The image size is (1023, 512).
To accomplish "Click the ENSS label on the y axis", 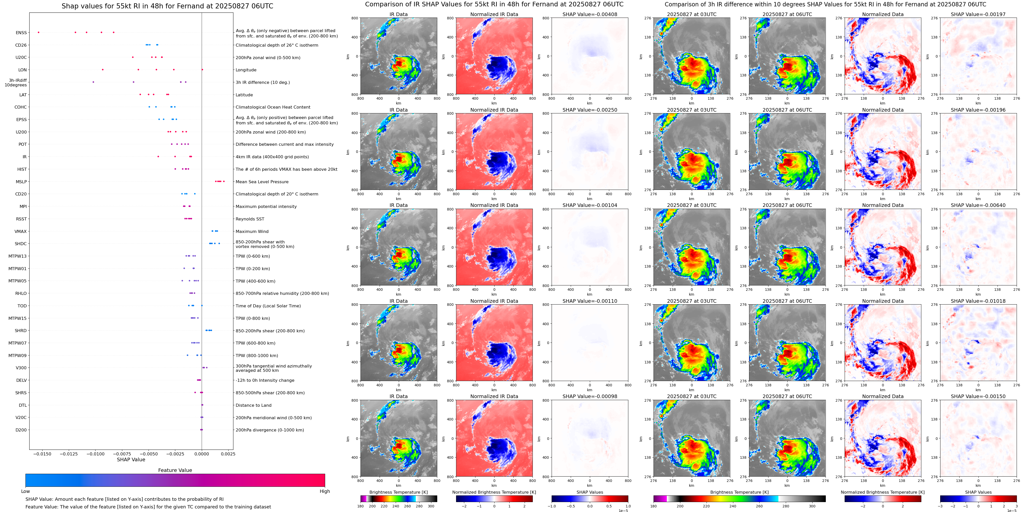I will click(21, 33).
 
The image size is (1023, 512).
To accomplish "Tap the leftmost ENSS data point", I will click(38, 32).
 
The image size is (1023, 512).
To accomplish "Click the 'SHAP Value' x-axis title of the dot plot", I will click(131, 460).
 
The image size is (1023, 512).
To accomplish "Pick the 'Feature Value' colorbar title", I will click(175, 470).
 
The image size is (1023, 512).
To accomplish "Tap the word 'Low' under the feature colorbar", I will click(25, 491).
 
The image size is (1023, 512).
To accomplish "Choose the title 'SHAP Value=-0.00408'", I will click(590, 14).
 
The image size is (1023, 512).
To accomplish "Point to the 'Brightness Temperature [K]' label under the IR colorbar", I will click(398, 492).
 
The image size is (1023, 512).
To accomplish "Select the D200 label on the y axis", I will click(21, 430).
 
